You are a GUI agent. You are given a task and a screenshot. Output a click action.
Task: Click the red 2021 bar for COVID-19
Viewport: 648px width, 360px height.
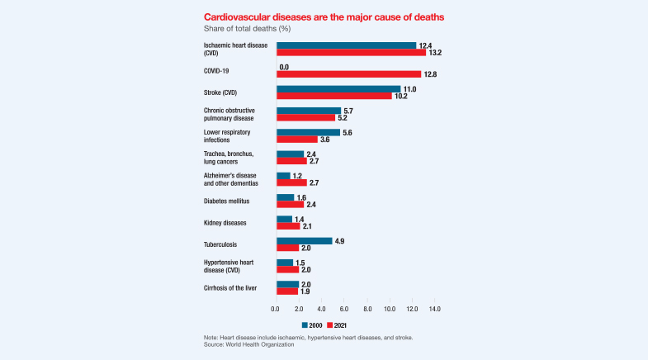click(x=348, y=74)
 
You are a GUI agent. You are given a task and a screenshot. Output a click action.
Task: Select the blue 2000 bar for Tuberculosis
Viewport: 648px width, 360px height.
click(x=304, y=240)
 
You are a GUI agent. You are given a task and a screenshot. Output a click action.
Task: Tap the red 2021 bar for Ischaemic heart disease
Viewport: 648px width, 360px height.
click(x=351, y=53)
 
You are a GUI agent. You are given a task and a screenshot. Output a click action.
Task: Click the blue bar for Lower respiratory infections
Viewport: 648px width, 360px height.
click(x=308, y=132)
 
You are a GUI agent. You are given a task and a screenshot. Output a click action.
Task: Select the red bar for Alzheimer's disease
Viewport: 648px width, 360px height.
click(x=291, y=182)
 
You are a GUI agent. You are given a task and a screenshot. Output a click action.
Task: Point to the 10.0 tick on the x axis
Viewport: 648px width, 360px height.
click(x=390, y=309)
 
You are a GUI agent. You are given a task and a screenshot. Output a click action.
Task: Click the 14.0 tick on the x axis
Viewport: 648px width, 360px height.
click(x=435, y=309)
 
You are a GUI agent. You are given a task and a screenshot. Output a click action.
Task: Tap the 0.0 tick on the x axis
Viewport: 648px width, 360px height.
click(x=276, y=309)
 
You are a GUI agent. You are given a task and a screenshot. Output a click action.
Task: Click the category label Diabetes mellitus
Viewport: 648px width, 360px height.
click(x=227, y=201)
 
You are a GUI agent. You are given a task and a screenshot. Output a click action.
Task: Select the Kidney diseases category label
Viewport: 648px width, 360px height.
click(x=224, y=223)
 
